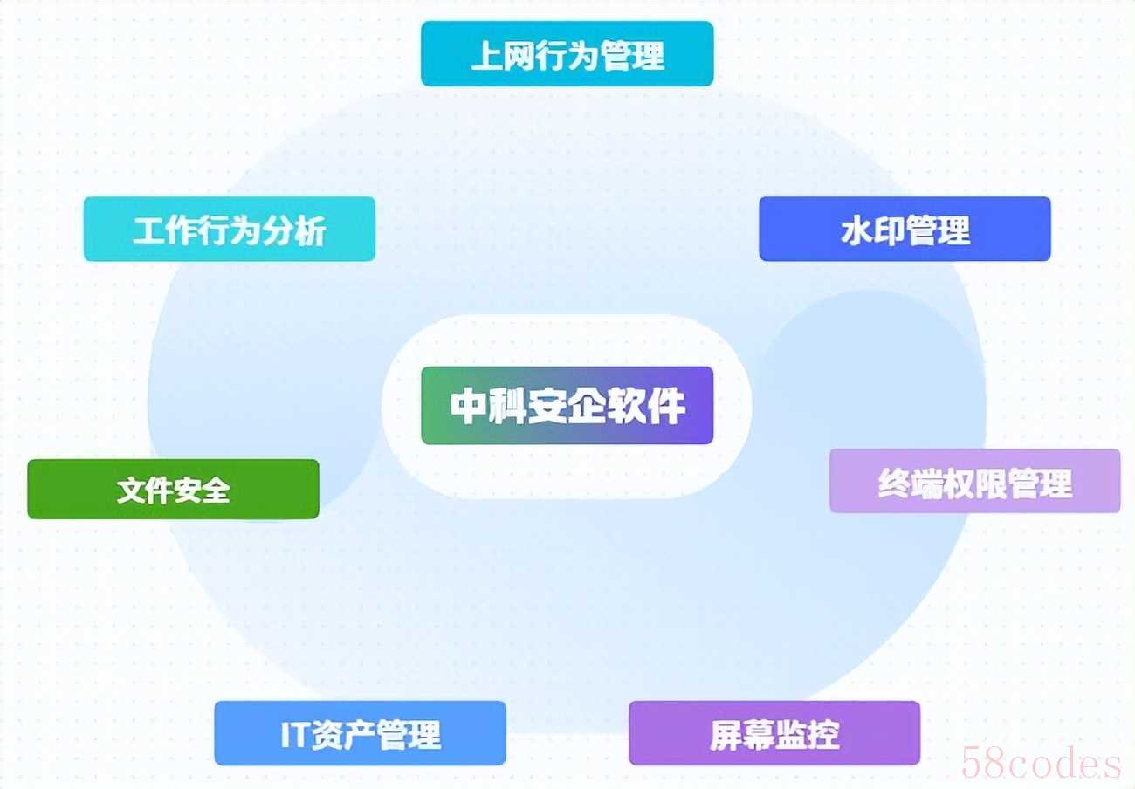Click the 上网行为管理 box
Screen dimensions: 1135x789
(567, 54)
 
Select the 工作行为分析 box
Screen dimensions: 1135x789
(230, 229)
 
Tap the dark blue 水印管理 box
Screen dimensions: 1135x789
(905, 229)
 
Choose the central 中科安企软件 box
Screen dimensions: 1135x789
(567, 405)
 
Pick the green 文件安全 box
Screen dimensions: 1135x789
(173, 490)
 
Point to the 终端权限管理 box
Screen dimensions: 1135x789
(975, 481)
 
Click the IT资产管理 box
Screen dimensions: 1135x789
(361, 733)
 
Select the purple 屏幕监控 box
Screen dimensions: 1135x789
(774, 733)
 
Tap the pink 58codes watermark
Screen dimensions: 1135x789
(1041, 763)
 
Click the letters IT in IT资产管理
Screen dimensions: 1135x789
(295, 735)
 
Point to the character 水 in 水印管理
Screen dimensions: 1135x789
(856, 231)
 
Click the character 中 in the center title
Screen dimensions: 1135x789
(468, 406)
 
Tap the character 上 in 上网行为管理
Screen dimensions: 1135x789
(487, 55)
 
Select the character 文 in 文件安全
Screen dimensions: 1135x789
(131, 491)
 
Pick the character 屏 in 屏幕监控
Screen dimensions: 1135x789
(726, 735)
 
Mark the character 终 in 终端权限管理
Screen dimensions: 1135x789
(894, 484)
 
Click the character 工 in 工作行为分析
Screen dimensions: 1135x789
(149, 231)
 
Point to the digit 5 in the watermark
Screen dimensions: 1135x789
(972, 763)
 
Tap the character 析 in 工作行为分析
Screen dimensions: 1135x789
(310, 231)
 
